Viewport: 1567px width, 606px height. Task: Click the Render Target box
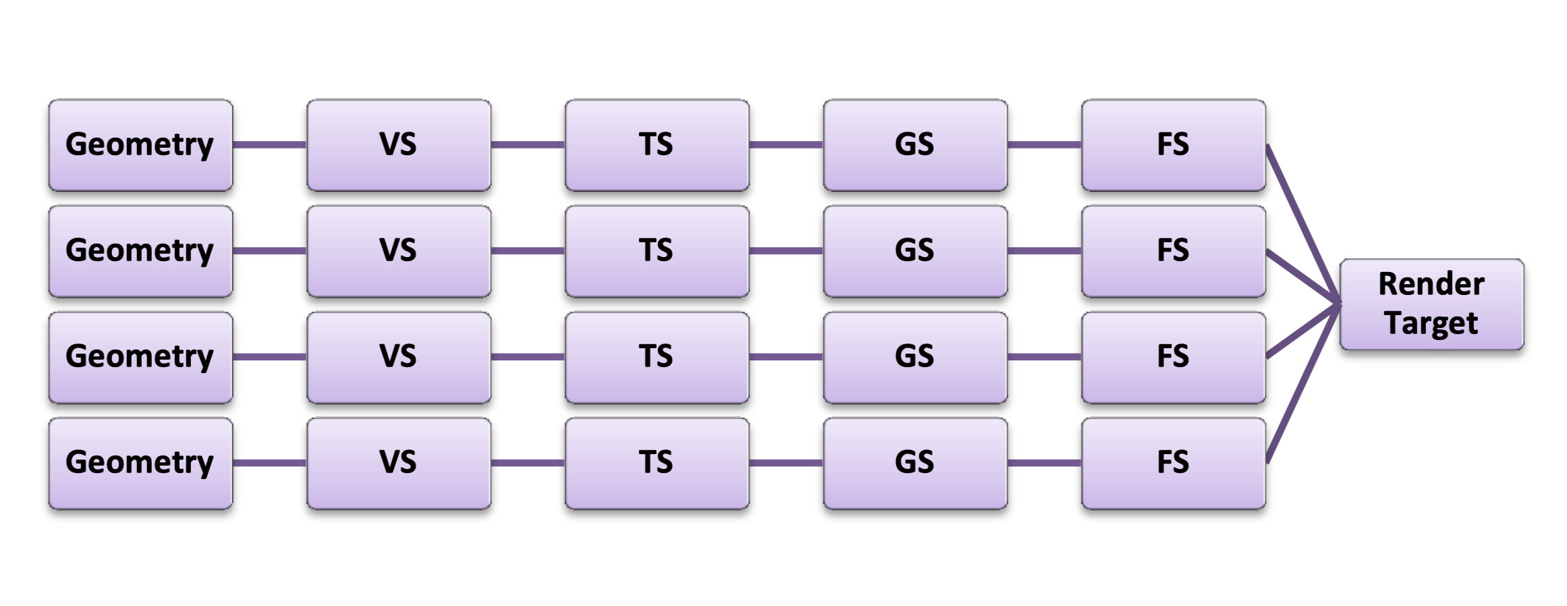[1431, 304]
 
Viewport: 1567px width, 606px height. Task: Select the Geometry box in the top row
[140, 145]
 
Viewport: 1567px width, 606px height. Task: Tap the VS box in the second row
[399, 251]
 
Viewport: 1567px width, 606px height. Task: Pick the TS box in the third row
[657, 357]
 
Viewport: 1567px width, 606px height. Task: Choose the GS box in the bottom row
[915, 463]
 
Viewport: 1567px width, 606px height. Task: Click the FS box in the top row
[1173, 145]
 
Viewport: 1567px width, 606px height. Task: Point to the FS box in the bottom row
[1173, 463]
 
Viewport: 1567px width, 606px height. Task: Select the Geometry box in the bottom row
[140, 463]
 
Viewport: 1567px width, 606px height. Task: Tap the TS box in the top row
[657, 145]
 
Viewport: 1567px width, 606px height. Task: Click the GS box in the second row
[915, 251]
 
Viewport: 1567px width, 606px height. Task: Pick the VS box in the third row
[399, 357]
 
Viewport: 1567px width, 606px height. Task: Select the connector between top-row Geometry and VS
[270, 144]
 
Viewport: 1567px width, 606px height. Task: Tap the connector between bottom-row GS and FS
[1045, 463]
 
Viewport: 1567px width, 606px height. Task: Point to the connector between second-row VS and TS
[528, 251]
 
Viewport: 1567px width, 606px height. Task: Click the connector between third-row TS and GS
[786, 357]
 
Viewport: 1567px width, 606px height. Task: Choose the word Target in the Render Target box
[1431, 323]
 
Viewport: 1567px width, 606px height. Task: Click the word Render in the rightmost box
[1431, 284]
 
